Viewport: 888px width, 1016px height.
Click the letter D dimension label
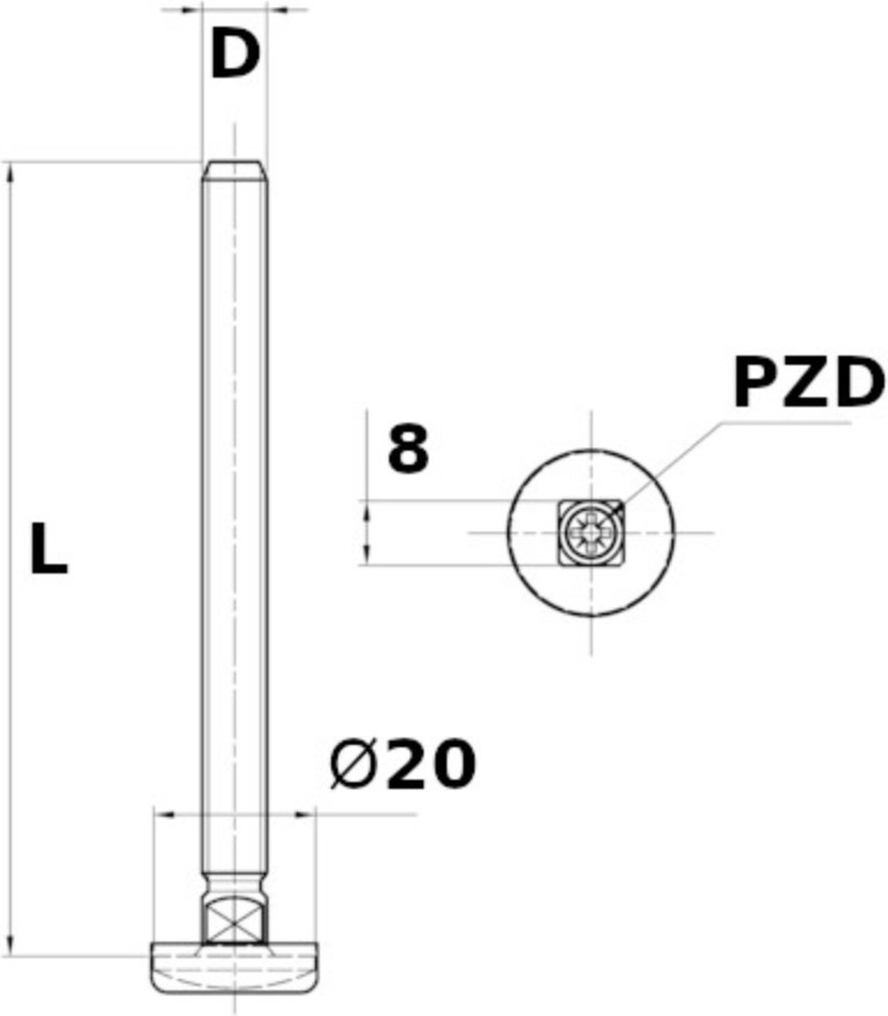click(x=234, y=56)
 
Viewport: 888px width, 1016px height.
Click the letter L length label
click(x=48, y=549)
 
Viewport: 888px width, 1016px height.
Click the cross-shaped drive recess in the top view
click(x=590, y=533)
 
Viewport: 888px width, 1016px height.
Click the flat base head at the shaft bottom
click(x=234, y=970)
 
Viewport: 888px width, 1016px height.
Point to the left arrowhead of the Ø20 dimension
click(x=163, y=815)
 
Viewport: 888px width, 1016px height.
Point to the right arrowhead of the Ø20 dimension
click(x=305, y=815)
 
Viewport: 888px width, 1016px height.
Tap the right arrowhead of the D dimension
click(x=277, y=11)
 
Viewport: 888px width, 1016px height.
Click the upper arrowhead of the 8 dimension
click(x=367, y=511)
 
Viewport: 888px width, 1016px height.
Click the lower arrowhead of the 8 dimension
click(x=367, y=555)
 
